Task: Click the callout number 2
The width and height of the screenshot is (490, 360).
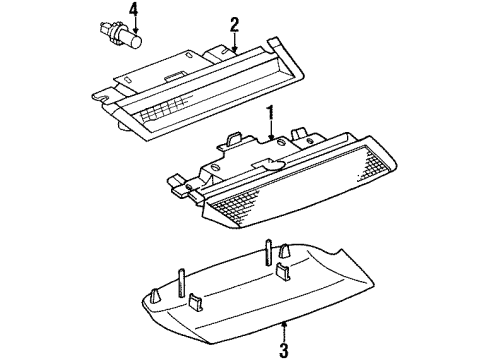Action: pyautogui.click(x=235, y=23)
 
